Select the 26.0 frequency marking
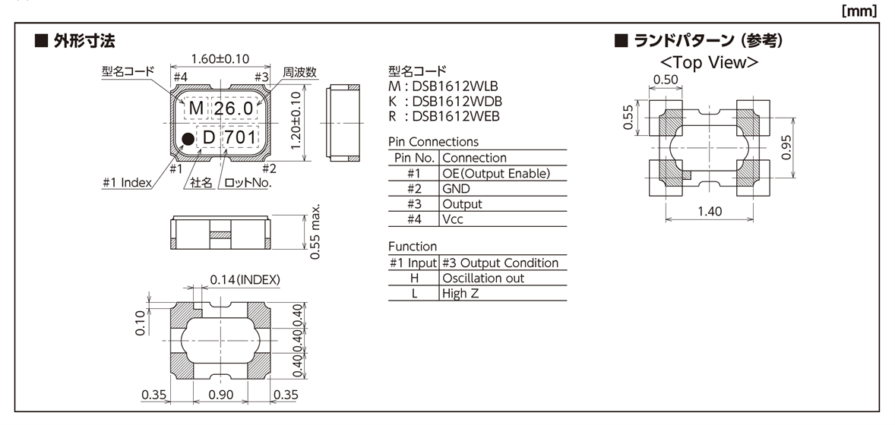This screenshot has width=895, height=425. click(x=232, y=109)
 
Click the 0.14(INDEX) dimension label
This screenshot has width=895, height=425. click(x=245, y=280)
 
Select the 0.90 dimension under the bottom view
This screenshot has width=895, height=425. click(x=220, y=395)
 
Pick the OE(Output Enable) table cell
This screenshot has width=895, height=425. click(x=495, y=173)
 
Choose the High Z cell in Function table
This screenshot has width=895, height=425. click(x=461, y=293)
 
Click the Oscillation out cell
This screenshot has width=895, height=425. click(x=483, y=278)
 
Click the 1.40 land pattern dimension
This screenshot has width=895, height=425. click(x=710, y=211)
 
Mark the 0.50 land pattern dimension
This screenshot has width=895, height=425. click(x=666, y=80)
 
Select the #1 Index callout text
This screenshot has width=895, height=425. click(x=126, y=182)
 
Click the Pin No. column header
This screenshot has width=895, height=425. click(x=414, y=158)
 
